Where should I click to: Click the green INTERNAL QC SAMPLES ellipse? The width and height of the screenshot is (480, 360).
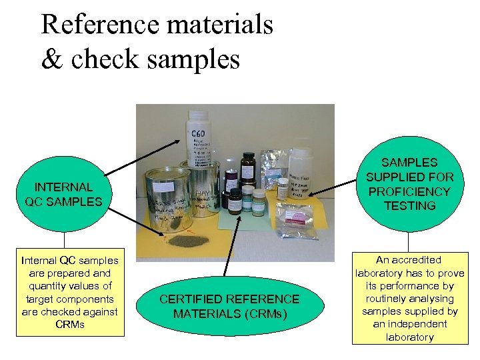tap(64, 194)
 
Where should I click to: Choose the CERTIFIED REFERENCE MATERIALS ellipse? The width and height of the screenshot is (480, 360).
tap(230, 306)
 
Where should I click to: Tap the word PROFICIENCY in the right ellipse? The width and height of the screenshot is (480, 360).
tap(409, 191)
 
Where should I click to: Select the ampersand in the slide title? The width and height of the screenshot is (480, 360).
tap(51, 59)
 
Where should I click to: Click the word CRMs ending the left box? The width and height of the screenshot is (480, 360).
tap(69, 325)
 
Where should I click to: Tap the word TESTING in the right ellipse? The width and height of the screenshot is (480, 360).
tap(409, 206)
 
